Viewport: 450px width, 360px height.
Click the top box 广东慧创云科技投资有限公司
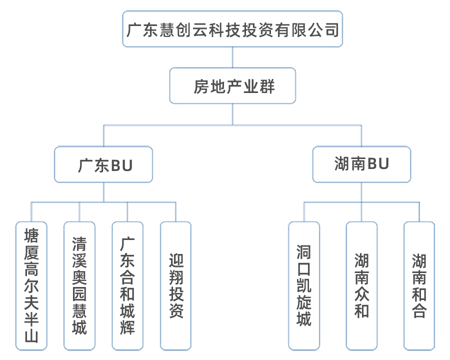(232, 29)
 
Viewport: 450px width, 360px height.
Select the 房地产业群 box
(233, 86)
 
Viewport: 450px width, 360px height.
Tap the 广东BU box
(103, 164)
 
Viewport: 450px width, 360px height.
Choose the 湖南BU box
(361, 164)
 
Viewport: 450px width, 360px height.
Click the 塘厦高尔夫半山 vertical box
(30, 285)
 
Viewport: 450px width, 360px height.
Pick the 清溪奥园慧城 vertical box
(79, 285)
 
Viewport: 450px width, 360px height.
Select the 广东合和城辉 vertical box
(127, 285)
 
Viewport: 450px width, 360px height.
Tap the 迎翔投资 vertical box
(175, 285)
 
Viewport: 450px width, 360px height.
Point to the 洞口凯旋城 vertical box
(303, 285)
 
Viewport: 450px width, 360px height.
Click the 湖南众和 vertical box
(361, 285)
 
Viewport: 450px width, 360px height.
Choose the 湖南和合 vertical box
(419, 285)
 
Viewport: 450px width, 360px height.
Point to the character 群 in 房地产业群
(267, 87)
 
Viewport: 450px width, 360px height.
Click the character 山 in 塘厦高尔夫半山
(30, 335)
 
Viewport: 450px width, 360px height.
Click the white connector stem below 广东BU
(103, 191)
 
